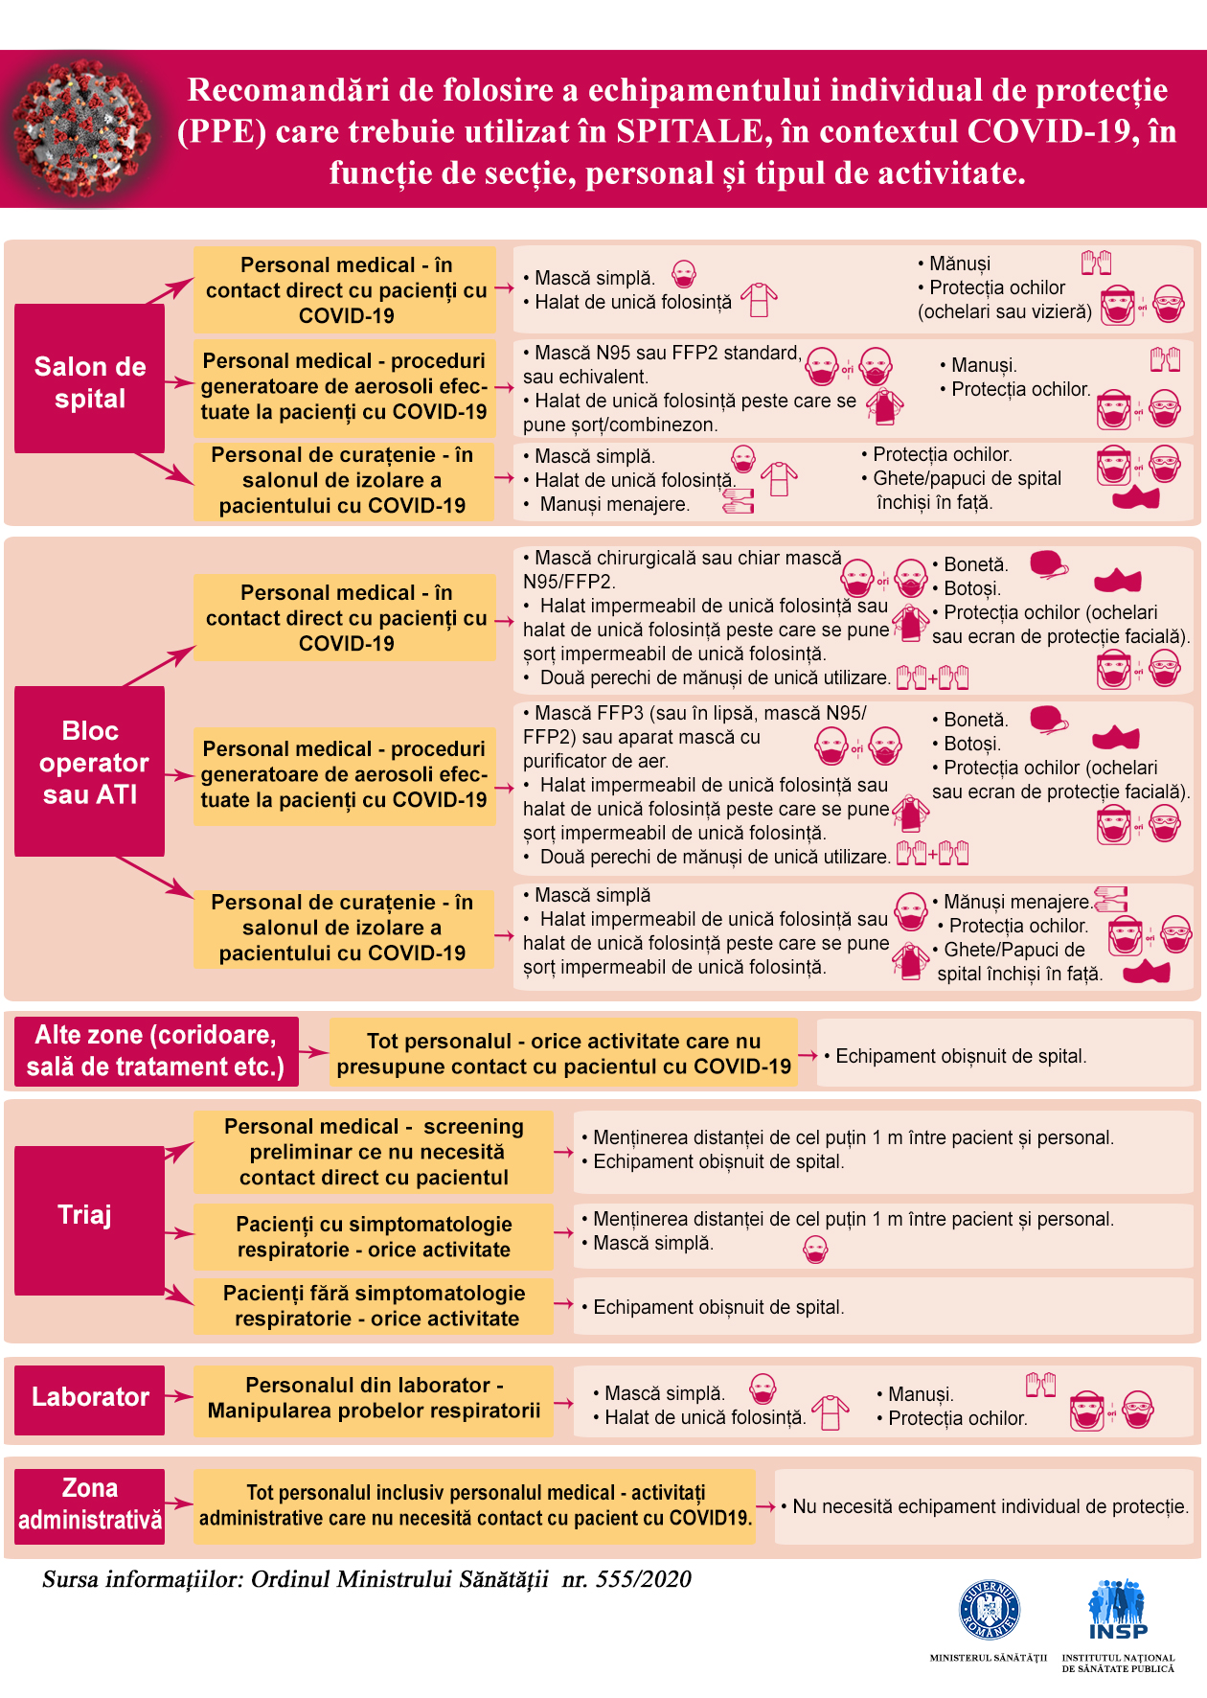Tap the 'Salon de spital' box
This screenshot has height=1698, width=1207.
click(x=89, y=379)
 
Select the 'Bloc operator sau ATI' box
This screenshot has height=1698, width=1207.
click(x=89, y=770)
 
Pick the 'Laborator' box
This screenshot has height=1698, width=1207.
click(x=89, y=1400)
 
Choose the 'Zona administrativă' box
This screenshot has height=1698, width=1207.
click(x=89, y=1506)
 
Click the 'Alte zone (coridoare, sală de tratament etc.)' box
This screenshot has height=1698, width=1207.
click(x=156, y=1051)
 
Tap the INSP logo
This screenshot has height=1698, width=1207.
click(x=1117, y=1610)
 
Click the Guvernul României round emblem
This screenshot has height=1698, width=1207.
click(x=990, y=1611)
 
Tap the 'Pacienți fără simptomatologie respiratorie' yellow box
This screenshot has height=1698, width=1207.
click(x=374, y=1306)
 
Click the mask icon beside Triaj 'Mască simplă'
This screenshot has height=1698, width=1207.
click(x=815, y=1250)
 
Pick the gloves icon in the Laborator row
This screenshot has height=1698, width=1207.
click(x=1040, y=1385)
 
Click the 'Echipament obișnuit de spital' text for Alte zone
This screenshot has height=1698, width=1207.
click(x=961, y=1056)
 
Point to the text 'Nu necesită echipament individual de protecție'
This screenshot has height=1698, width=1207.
click(x=991, y=1506)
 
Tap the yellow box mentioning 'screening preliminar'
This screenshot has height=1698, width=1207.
click(x=374, y=1152)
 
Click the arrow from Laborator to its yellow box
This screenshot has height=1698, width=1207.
click(x=179, y=1396)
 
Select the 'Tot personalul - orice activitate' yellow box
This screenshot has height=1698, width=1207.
click(x=563, y=1053)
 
